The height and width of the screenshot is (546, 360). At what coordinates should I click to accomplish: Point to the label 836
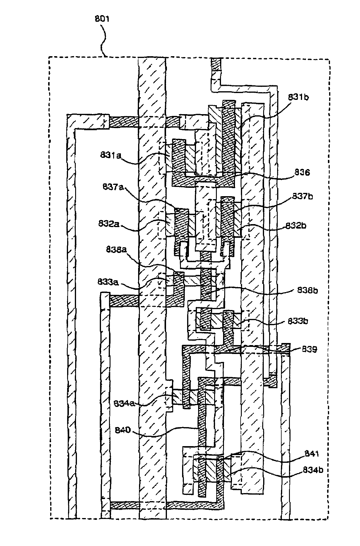coord(302,172)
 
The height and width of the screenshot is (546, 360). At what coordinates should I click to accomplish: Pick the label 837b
coord(302,196)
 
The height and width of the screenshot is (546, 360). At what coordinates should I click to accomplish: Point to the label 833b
coord(298,321)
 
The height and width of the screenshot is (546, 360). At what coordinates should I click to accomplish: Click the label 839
coord(309,349)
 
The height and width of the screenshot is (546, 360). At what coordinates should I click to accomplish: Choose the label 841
coord(311,454)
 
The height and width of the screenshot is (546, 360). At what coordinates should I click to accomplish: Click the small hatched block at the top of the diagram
coord(216,64)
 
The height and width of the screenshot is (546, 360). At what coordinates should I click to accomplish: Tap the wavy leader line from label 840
coord(166,432)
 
